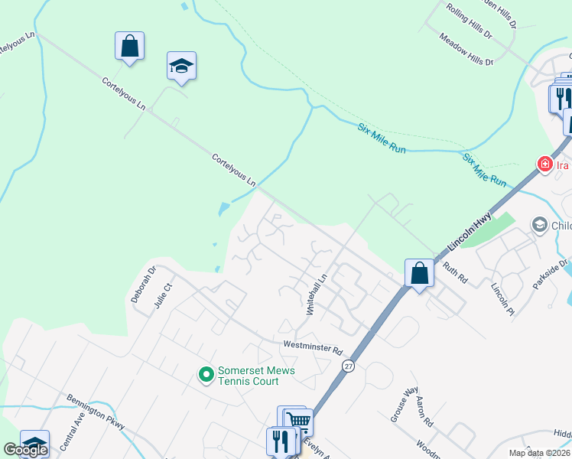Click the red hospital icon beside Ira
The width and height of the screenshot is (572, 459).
pyautogui.click(x=544, y=164)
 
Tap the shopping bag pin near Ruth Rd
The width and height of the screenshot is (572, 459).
pyautogui.click(x=419, y=273)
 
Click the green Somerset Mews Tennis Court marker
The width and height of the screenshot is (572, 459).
pyautogui.click(x=206, y=375)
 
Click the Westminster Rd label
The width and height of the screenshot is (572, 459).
pyautogui.click(x=311, y=347)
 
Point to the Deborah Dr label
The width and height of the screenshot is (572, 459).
pyautogui.click(x=143, y=284)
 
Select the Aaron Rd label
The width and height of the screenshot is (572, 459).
pyautogui.click(x=424, y=412)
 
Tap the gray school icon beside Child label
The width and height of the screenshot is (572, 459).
pyautogui.click(x=539, y=224)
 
